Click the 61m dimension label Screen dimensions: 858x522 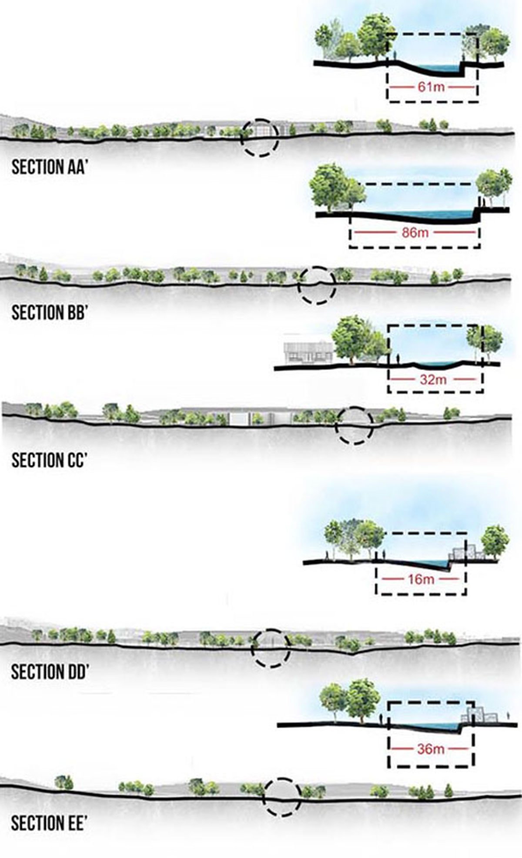[432, 87]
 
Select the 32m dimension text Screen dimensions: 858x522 [433, 380]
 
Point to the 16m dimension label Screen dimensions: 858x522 [421, 579]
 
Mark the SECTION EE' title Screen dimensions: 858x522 [47, 823]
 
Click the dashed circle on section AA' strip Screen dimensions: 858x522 [260, 137]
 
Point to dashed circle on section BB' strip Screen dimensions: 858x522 [317, 285]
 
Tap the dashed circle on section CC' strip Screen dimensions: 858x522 [354, 425]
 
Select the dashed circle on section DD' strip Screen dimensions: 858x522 [271, 648]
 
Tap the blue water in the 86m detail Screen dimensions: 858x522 [439, 214]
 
